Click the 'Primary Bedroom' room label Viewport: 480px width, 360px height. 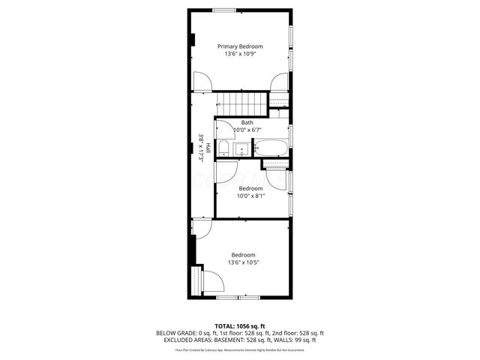(240, 46)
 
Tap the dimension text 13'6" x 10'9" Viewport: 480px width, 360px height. (240, 54)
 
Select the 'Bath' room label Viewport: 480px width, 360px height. (247, 122)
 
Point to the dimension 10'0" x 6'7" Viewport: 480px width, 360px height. (247, 130)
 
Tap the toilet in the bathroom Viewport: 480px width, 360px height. (223, 147)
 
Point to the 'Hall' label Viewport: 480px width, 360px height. (208, 148)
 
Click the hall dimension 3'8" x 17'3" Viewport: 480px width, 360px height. (200, 148)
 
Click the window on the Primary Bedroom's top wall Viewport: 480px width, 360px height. (240, 10)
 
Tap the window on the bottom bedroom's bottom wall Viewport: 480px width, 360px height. (238, 298)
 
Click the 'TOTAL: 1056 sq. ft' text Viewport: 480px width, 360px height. (240, 325)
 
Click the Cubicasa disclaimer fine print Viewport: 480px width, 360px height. (240, 349)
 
